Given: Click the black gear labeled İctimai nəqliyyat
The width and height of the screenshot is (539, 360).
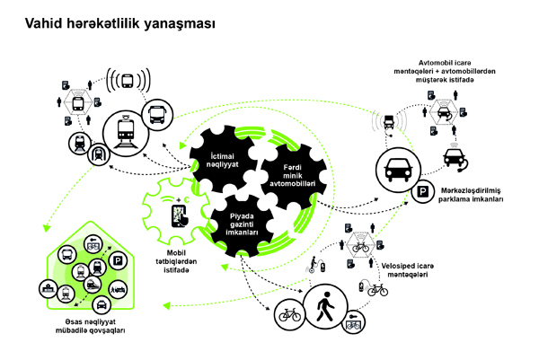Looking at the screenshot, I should click(x=216, y=159).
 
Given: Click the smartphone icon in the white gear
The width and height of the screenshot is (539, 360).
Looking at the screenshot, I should click(x=180, y=216).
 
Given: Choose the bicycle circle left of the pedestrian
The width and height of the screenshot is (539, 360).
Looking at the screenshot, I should click(x=289, y=316).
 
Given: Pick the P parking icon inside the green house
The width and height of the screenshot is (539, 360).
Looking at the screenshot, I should click(x=118, y=260).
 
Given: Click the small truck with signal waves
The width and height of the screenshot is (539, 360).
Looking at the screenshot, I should click(x=388, y=120).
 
